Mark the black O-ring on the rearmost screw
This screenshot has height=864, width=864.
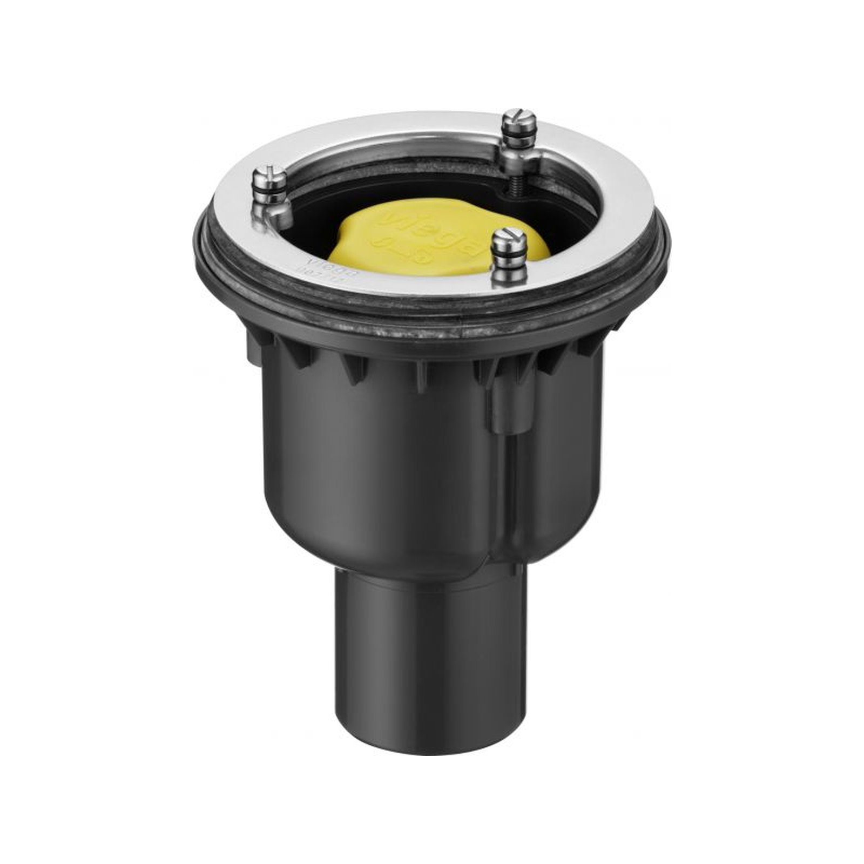tap(519, 137)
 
